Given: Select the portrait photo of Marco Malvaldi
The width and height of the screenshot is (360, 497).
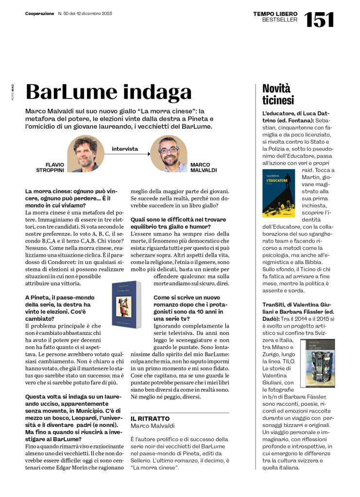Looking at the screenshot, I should pos(168,153).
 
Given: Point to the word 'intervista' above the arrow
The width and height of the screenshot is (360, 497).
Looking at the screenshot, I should pos(125,149).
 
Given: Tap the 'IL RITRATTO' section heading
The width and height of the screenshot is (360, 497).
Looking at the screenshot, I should pos(150,418).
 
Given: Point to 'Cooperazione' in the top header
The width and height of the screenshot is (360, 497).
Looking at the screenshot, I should pos(39,14).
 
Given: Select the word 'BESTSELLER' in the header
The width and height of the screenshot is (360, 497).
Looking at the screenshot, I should pos(280,20).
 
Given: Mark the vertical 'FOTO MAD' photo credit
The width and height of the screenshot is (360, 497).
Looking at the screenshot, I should pos(13,92).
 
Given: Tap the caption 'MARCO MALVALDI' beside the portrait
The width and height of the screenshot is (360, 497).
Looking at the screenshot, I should pos(204,167).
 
